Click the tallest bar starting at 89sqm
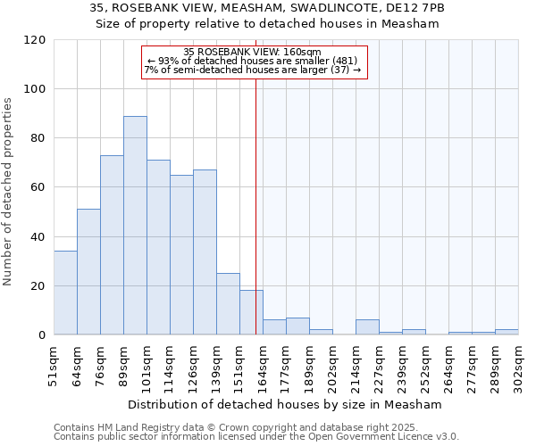click(x=135, y=226)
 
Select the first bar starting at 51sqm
click(x=65, y=293)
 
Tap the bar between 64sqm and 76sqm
click(x=88, y=272)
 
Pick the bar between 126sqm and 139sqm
click(x=205, y=252)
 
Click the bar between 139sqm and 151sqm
click(x=228, y=304)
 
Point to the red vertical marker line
click(x=256, y=205)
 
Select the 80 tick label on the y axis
click(x=37, y=138)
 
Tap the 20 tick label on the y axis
click(x=37, y=286)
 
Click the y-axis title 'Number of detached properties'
click(x=9, y=192)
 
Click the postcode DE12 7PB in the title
click(x=411, y=8)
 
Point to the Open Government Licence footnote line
click(x=256, y=437)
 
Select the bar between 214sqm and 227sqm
click(x=367, y=327)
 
